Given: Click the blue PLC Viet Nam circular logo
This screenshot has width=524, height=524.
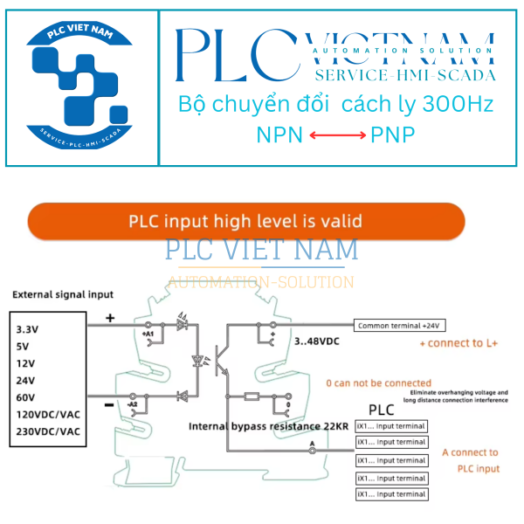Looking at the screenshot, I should (80, 86).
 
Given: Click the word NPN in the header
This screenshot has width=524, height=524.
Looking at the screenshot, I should (278, 134).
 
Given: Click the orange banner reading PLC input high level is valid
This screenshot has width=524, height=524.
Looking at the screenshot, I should (245, 221).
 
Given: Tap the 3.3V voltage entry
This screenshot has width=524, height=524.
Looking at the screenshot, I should (28, 329).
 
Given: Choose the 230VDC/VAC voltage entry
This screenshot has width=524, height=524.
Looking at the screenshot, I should (48, 431).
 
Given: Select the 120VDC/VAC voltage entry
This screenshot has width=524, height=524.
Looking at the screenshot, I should (48, 414).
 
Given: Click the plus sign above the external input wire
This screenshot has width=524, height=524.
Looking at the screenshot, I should (110, 318).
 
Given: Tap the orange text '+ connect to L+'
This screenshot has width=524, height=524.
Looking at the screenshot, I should (458, 344).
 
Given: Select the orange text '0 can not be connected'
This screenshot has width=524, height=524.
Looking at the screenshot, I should (379, 383).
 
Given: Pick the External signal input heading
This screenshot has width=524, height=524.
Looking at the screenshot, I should (62, 294).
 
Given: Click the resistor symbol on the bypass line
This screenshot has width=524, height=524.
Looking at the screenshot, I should (252, 396).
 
